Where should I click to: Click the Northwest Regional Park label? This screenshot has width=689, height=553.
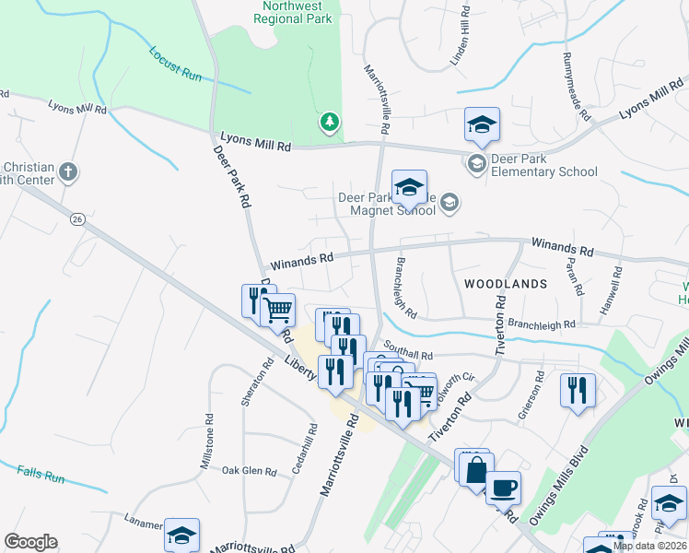293,11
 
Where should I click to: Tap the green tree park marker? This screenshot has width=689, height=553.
329,122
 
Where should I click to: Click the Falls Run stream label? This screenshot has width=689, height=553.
41,477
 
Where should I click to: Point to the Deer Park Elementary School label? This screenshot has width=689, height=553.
543,165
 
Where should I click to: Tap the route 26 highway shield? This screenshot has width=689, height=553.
77,218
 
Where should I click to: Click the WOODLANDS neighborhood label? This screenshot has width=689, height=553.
506,283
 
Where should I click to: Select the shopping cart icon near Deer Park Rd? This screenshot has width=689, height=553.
277,310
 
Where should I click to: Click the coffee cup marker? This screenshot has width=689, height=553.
502,486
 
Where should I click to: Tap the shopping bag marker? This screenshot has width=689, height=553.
476,469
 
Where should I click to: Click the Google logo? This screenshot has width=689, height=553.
30,542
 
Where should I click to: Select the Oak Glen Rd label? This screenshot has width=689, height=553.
249,471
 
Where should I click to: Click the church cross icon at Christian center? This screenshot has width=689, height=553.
67,172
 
